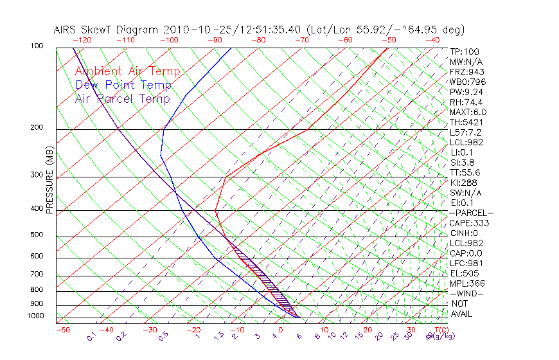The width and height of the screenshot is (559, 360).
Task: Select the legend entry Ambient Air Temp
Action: click(x=127, y=72)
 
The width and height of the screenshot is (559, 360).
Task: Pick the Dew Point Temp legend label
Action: click(x=123, y=85)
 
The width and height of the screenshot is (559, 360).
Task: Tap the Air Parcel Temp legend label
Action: click(x=122, y=99)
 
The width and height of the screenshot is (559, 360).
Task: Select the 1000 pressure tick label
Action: click(x=36, y=316)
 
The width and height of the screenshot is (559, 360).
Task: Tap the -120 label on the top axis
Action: click(x=82, y=40)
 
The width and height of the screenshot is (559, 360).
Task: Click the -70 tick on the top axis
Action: click(x=301, y=40)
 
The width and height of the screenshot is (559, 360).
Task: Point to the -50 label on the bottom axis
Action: click(x=63, y=330)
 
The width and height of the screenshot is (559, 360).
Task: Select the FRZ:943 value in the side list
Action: click(x=464, y=71)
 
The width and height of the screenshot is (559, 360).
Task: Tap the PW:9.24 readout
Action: click(x=464, y=92)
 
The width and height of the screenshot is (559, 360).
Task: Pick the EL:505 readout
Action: click(x=462, y=273)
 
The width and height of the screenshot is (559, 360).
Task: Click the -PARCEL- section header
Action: click(x=471, y=213)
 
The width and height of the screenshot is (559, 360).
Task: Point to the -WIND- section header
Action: click(x=466, y=293)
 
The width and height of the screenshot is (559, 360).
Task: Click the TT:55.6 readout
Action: click(x=464, y=172)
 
